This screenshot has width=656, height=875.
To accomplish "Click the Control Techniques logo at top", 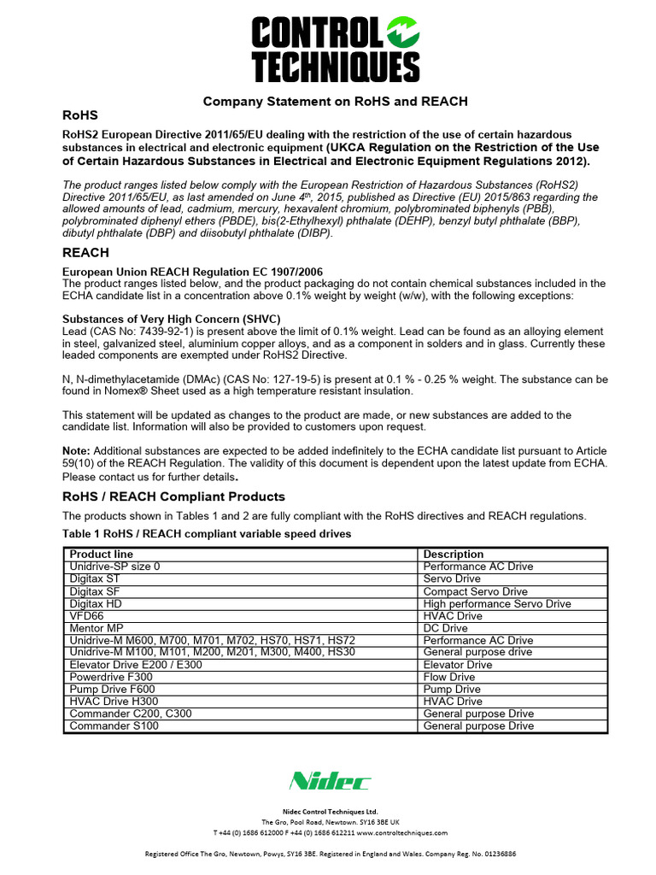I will [335, 50].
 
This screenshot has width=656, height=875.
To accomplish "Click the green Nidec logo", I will [330, 781].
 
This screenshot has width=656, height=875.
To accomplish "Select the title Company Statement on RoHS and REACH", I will [335, 101].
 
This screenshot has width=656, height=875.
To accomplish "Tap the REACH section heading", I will [86, 253].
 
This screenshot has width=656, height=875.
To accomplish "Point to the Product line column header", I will [102, 555].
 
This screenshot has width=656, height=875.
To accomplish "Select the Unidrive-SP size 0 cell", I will [114, 567].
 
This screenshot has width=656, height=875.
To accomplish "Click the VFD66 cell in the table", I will [86, 615].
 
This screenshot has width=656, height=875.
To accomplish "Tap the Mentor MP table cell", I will [97, 628].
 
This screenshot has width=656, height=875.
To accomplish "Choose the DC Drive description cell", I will [447, 628].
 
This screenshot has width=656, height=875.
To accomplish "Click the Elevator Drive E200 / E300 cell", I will [136, 665].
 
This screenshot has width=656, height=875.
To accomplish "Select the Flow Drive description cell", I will [449, 677].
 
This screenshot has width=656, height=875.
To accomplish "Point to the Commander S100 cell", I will [114, 726].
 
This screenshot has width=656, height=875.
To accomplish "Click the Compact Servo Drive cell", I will [476, 591].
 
